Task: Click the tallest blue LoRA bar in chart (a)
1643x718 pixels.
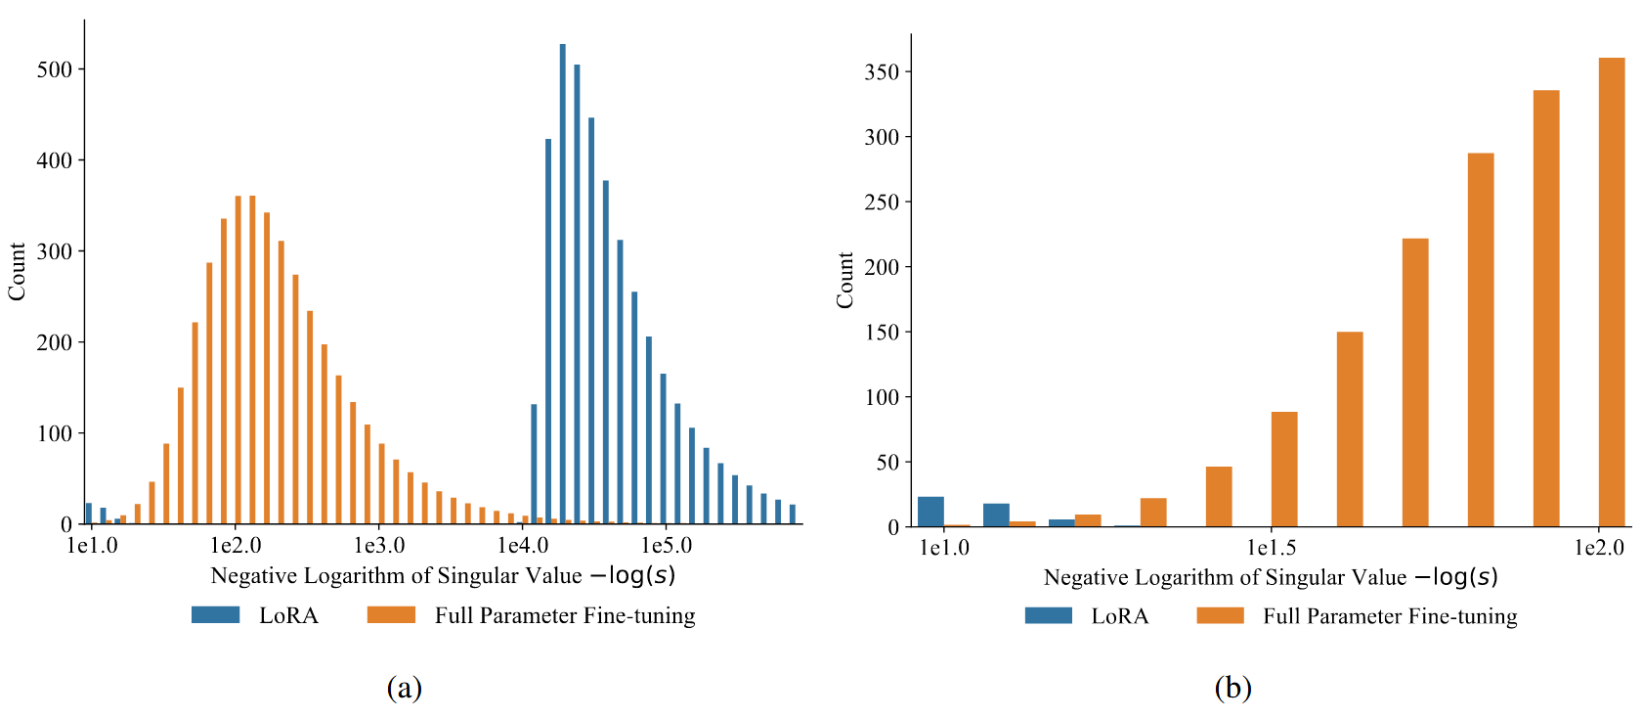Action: pos(563,284)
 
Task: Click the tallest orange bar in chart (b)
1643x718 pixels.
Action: pos(1612,292)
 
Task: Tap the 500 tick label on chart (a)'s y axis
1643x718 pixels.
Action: pos(55,69)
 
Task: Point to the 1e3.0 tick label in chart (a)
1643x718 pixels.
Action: pos(379,546)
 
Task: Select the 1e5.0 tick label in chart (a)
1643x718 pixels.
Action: pos(667,546)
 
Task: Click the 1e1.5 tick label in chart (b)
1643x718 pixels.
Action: pos(1272,548)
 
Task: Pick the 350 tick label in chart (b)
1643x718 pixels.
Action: pos(882,72)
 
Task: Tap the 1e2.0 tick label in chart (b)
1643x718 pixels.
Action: pos(1599,548)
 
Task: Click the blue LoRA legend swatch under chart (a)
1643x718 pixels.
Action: pos(216,615)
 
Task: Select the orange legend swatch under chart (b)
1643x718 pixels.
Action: pos(1220,616)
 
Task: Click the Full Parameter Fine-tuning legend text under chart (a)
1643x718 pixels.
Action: pos(565,615)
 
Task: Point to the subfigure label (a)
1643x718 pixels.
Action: pos(405,688)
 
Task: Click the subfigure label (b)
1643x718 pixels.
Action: pos(1232,688)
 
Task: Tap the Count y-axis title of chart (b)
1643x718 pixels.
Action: pos(845,281)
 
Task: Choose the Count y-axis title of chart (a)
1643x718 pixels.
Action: pos(17,272)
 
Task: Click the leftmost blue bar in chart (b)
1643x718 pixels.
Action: pos(930,512)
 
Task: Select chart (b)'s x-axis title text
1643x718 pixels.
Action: pos(1271,577)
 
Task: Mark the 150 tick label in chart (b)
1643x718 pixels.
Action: pos(882,333)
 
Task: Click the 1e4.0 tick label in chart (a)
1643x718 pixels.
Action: pos(523,546)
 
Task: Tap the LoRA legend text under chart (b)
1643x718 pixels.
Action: pos(1120,616)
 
